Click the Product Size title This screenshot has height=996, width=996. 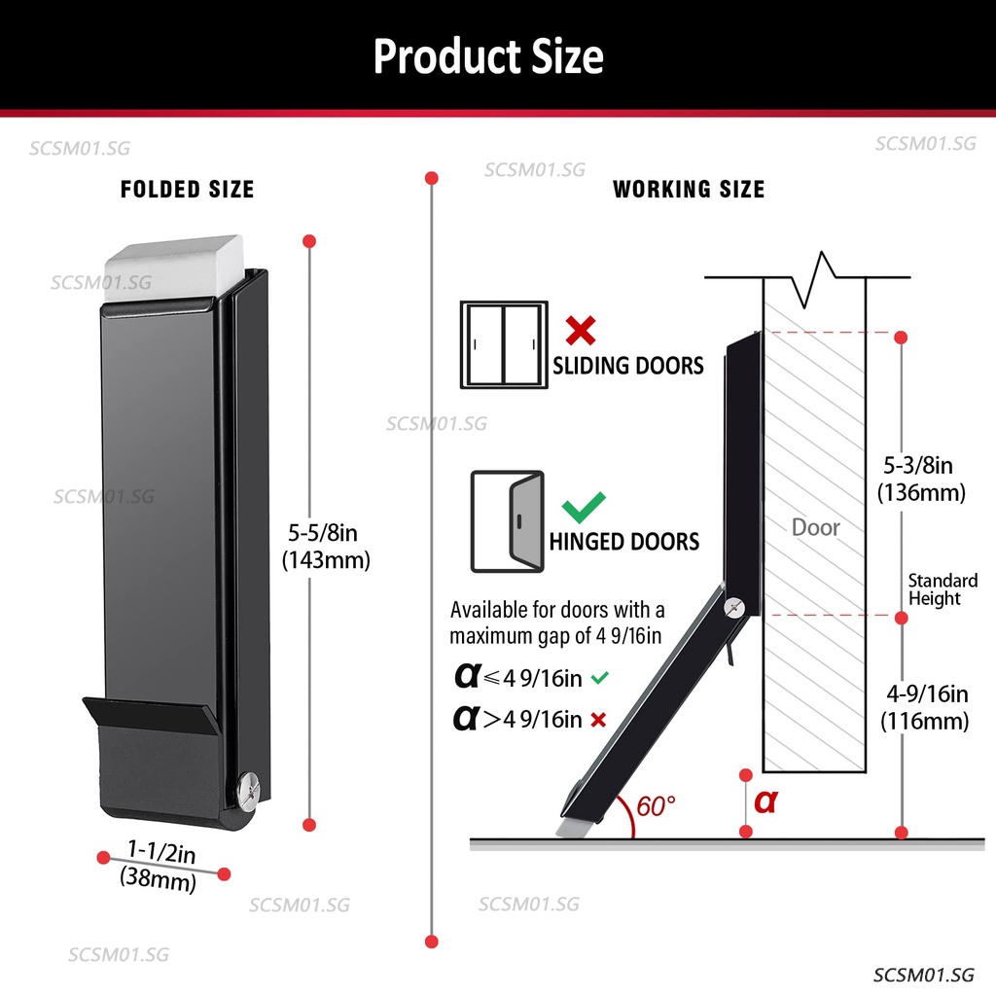click(x=488, y=56)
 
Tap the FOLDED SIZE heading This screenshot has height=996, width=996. click(x=188, y=190)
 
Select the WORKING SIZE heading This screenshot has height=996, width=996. click(x=689, y=190)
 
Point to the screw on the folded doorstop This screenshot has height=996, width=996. click(x=248, y=792)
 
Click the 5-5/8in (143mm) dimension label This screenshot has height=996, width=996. click(x=326, y=547)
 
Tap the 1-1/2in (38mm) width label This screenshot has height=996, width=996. click(x=159, y=866)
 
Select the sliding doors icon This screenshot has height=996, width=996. click(x=504, y=345)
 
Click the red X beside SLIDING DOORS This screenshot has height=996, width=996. click(x=581, y=331)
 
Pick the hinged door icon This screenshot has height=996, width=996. click(x=508, y=521)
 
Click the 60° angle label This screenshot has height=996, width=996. click(x=656, y=806)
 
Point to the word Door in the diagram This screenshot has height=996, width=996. click(x=816, y=527)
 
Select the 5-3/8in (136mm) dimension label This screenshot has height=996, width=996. click(x=921, y=479)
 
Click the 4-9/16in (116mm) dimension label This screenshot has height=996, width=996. click(x=925, y=708)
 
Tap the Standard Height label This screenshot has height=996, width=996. click(x=943, y=589)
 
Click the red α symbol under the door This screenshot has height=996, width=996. click(x=765, y=801)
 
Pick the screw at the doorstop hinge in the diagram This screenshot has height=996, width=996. click(x=734, y=608)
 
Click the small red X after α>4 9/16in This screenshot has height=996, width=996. click(x=598, y=720)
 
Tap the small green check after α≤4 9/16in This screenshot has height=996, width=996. click(x=599, y=678)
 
